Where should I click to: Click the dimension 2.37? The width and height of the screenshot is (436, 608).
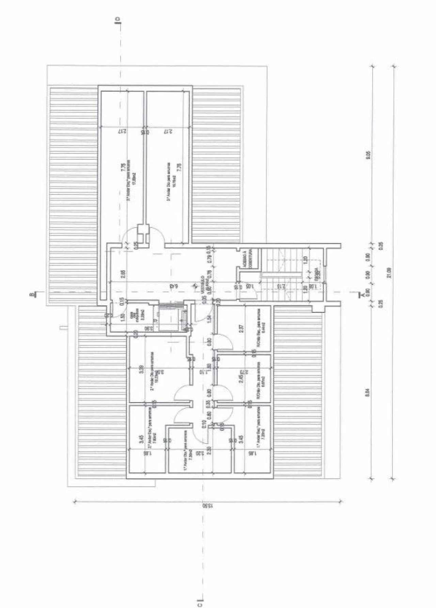pos(241,329)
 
